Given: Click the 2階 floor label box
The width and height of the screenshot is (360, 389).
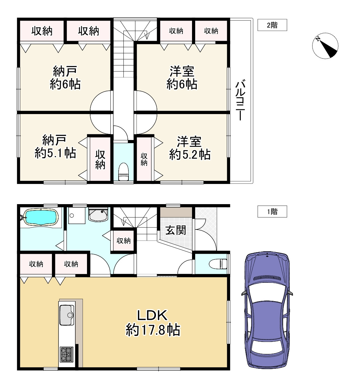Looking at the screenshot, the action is (272, 25).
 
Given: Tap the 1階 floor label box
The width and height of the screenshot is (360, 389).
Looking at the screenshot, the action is (272, 211).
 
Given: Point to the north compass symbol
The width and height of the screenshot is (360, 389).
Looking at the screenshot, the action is (325, 46).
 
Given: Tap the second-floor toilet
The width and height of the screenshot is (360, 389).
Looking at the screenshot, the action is (123, 171).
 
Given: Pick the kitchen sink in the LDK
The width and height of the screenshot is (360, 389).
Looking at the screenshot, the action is (67, 315).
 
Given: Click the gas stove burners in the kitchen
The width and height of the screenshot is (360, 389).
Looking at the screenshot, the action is (67, 354).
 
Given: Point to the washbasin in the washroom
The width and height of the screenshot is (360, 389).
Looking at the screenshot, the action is (98, 215).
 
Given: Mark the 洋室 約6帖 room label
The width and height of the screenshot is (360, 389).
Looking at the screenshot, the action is (182, 78).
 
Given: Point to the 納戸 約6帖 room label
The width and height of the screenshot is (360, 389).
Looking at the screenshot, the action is (65, 78).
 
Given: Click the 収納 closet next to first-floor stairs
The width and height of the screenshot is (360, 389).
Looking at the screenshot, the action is (123, 240).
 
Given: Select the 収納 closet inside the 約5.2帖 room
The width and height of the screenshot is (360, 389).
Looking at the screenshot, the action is (144, 159).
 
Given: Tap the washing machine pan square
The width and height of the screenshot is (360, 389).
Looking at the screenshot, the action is (77, 216).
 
